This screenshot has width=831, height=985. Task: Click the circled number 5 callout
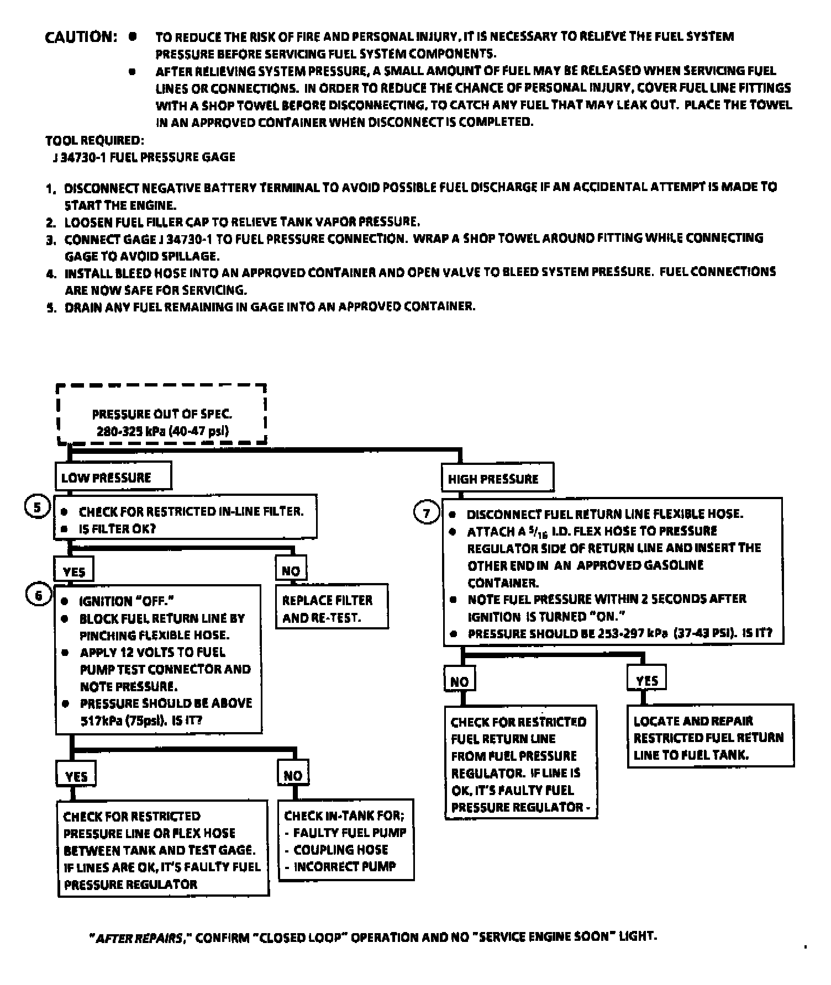coord(37,507)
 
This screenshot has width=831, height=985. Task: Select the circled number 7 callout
coord(426,513)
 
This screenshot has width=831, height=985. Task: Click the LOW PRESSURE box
coord(113,478)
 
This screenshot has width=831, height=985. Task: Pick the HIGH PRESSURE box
coord(497,479)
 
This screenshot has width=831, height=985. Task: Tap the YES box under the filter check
coord(74,571)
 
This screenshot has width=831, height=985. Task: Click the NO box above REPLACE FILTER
coord(291,570)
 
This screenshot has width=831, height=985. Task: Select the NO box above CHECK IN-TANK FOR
coord(293,776)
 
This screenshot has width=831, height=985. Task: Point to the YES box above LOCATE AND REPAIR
coord(646,680)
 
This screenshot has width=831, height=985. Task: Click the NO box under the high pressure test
coord(459,681)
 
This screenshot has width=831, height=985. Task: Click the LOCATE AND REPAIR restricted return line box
coord(709,737)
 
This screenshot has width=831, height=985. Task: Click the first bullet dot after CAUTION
coord(132,36)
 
